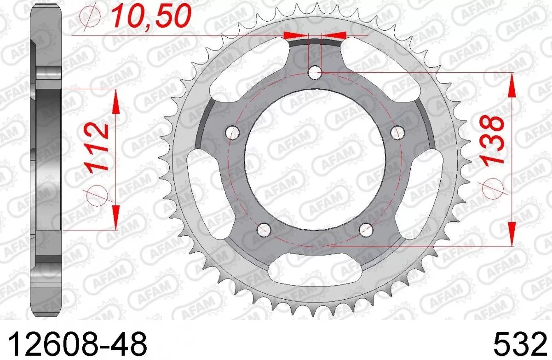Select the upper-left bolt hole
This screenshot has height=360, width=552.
point(233,133)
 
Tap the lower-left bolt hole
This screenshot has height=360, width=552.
point(264,229)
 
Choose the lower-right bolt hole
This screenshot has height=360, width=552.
point(366,230)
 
